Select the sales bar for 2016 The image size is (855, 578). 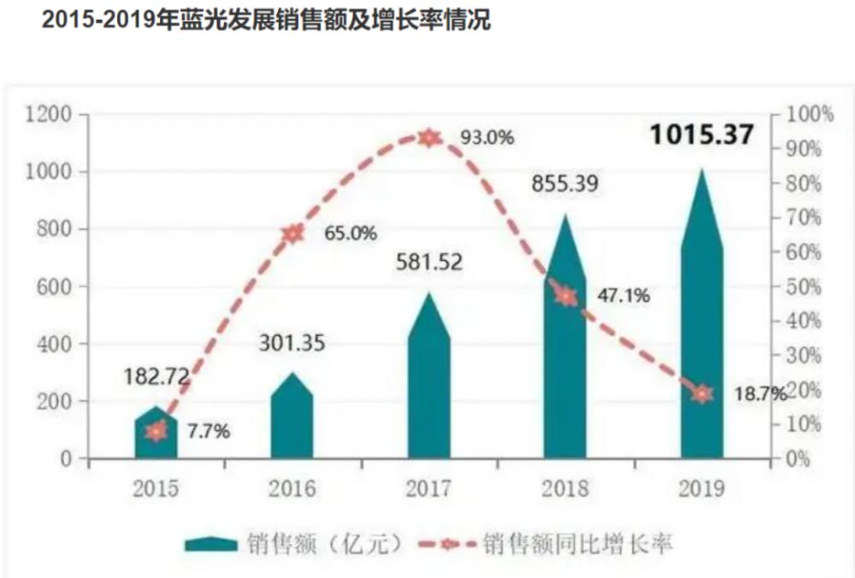point(292,419)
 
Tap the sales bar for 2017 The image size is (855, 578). point(429,385)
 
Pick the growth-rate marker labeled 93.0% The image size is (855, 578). point(429,138)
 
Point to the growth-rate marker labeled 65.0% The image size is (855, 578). point(293,233)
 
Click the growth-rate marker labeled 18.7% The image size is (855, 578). point(702,393)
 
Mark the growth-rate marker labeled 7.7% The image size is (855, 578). point(156,431)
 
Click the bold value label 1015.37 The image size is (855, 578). point(701,135)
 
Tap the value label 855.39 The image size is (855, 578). point(564,184)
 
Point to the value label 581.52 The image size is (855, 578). point(428,261)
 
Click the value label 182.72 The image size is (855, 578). point(156,376)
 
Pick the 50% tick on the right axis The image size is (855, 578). point(805,286)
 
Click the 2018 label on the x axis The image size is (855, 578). point(565,488)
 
